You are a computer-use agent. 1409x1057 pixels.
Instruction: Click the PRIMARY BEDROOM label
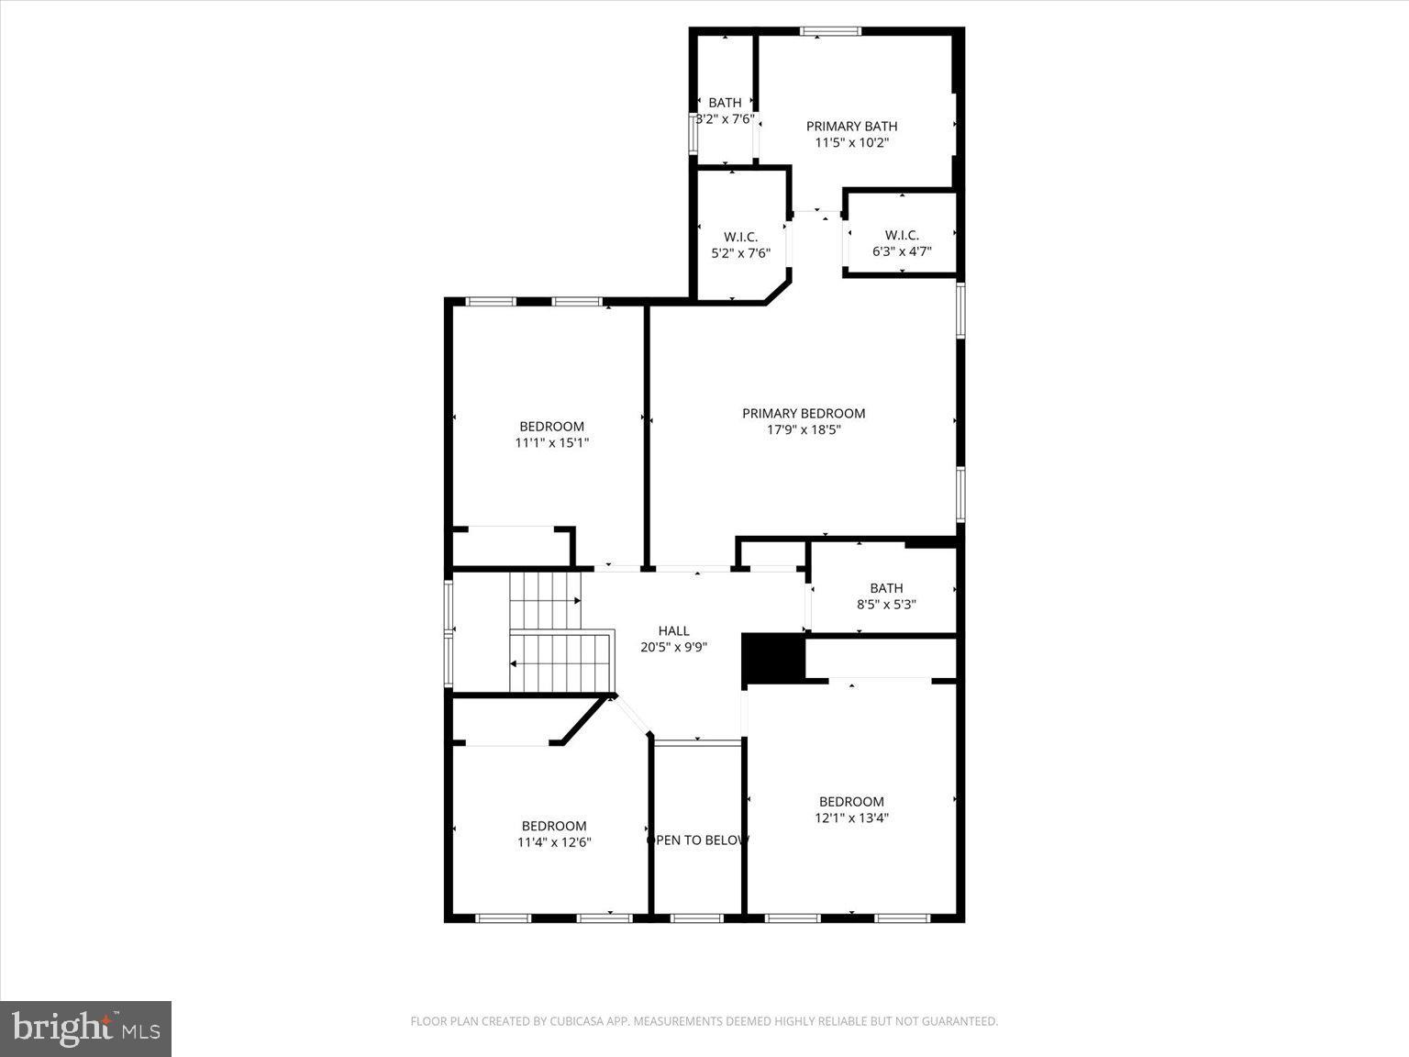click(x=803, y=414)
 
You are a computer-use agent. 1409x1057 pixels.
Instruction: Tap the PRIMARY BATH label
click(x=851, y=127)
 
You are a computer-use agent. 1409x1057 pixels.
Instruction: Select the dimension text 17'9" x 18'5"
click(x=804, y=429)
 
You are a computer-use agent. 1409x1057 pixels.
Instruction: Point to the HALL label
click(x=673, y=631)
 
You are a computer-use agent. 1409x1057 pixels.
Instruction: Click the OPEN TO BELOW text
click(x=699, y=840)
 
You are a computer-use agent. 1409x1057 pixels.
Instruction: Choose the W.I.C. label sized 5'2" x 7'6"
click(x=740, y=238)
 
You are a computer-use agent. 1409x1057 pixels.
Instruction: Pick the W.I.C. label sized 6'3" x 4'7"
click(x=902, y=236)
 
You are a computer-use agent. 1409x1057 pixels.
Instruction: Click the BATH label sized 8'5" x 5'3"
click(x=886, y=588)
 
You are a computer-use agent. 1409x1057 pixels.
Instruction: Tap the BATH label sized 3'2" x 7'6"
click(x=725, y=103)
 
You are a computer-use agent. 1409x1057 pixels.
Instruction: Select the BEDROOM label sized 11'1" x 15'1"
click(x=551, y=427)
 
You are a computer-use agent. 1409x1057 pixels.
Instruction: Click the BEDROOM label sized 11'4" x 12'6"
click(x=554, y=826)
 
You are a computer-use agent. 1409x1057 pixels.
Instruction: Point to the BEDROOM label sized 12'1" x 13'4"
click(x=851, y=802)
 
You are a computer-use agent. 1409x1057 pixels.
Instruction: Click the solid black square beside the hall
click(x=772, y=659)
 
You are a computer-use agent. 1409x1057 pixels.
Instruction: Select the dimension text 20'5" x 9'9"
click(x=673, y=647)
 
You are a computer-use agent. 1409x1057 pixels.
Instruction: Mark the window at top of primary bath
click(x=830, y=31)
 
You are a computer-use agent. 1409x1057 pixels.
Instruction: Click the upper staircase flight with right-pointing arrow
click(x=546, y=600)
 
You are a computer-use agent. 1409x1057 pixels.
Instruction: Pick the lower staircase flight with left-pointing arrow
click(x=560, y=662)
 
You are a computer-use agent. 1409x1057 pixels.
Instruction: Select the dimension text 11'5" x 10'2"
click(x=851, y=143)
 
